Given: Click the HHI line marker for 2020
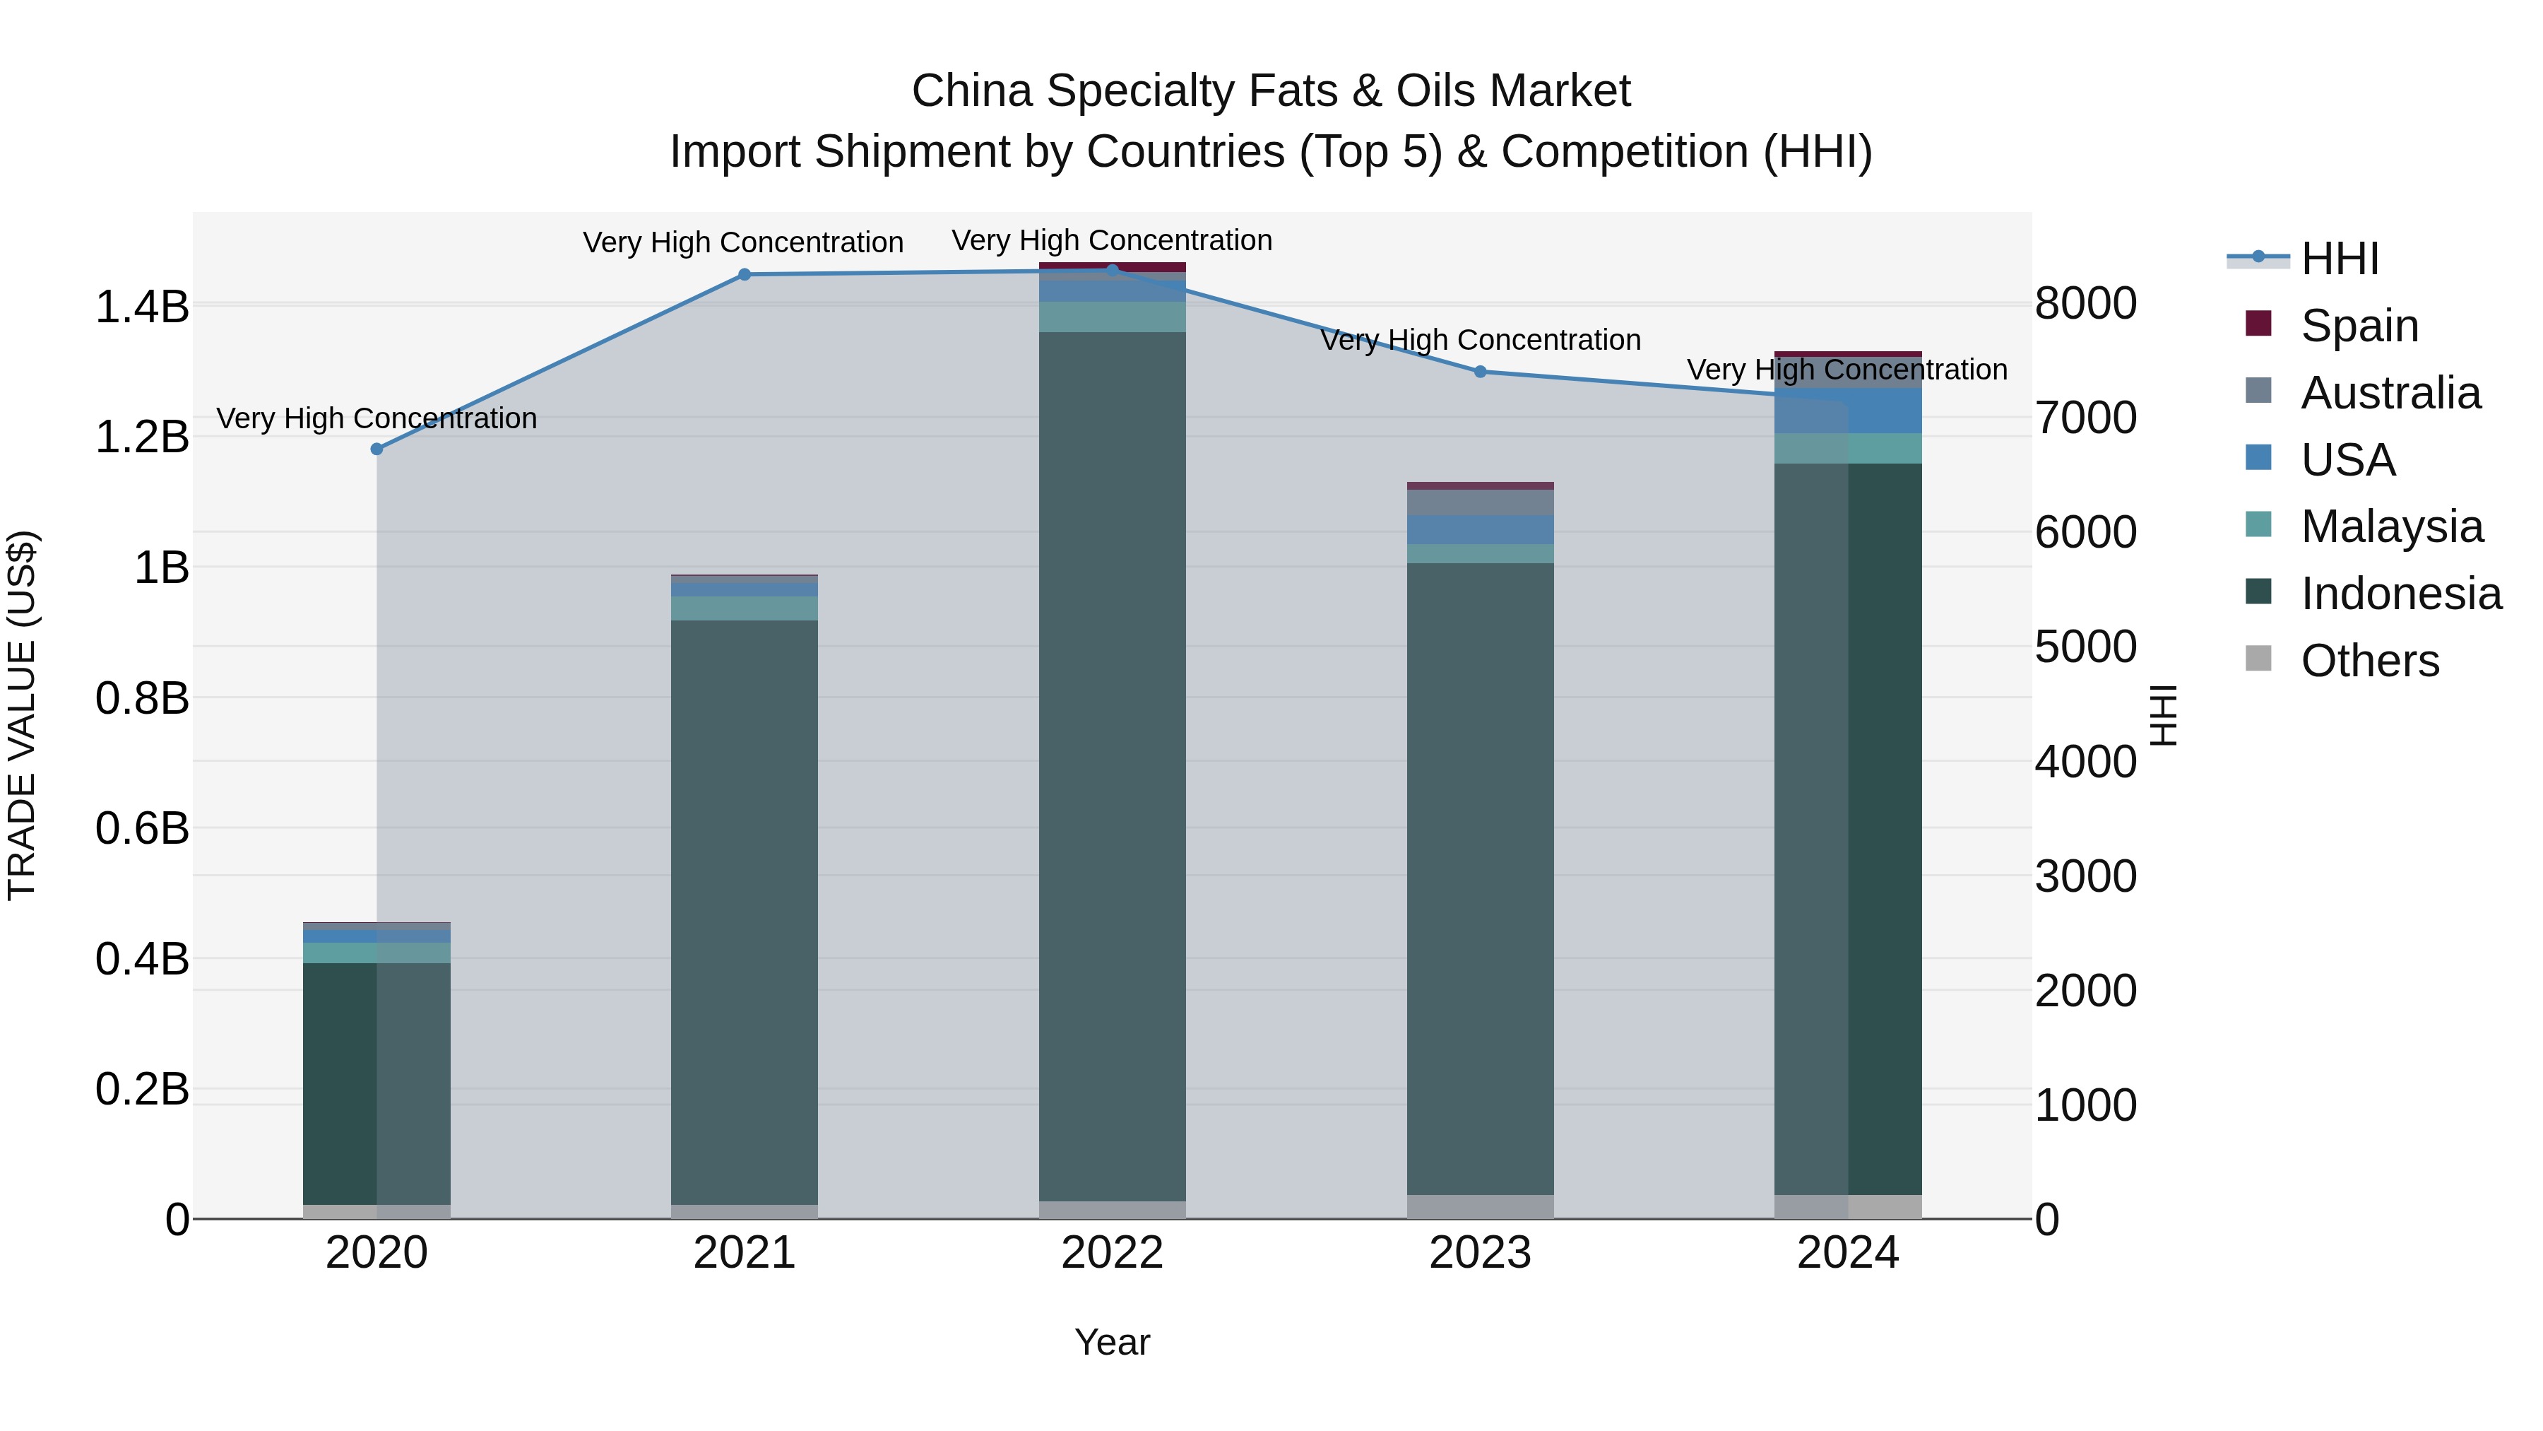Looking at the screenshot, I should click(376, 449).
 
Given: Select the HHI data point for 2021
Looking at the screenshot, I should click(745, 275).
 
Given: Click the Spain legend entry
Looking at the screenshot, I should click(2359, 326).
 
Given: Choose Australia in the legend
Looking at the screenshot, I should click(2390, 393).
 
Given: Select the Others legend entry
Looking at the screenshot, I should click(2369, 661).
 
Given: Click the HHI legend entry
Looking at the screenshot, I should click(2339, 259).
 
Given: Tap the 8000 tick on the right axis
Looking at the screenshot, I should click(2086, 303).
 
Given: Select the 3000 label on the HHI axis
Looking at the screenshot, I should click(2086, 877).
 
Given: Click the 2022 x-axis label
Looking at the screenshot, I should click(1112, 1253).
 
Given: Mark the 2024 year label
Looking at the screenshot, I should click(1847, 1253).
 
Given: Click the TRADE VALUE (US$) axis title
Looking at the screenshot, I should click(22, 715).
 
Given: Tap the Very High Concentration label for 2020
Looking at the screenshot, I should click(376, 419).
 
